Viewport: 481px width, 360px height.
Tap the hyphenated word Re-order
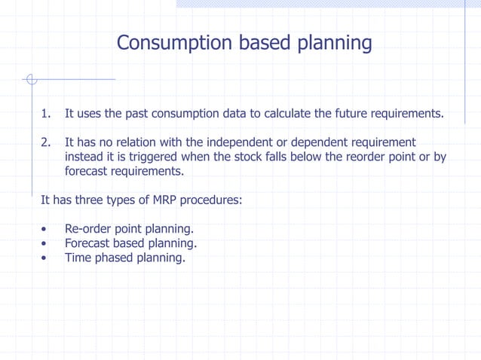coord(89,228)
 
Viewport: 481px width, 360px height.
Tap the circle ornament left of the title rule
coord(30,78)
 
